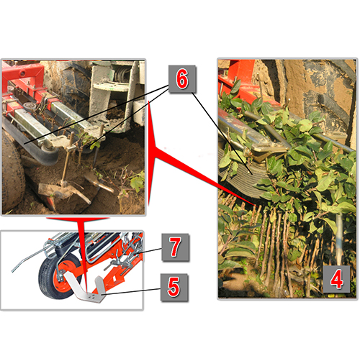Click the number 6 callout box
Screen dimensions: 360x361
tap(182, 79)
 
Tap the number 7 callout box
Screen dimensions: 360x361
tap(175, 247)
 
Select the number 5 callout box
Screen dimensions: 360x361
tap(174, 287)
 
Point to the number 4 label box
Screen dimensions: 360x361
tap(336, 279)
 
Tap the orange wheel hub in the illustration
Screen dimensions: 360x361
tap(66, 275)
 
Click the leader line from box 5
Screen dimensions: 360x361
tap(131, 291)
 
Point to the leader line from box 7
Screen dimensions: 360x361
tap(149, 251)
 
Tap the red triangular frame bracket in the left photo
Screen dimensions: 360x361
tap(23, 77)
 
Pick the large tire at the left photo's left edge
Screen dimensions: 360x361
tap(12, 173)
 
